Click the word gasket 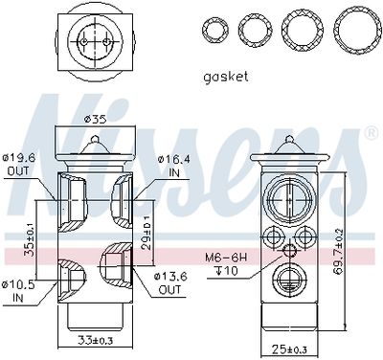226,77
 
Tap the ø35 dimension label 95,120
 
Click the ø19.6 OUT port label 18,164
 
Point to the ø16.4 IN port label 174,166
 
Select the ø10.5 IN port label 18,291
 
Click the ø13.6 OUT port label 170,282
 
